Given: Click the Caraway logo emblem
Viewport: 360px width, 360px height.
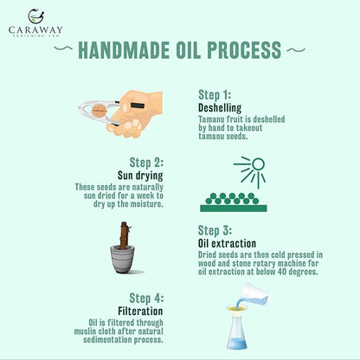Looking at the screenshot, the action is tap(36, 16).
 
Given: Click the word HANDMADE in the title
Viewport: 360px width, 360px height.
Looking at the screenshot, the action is tap(124, 50).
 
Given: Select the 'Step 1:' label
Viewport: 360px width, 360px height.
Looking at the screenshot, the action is tap(215, 95).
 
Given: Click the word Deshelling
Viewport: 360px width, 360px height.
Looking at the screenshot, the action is tap(220, 108).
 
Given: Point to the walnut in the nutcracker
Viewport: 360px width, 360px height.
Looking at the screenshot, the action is tap(100, 111).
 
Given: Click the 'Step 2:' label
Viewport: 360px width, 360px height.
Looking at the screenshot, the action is tap(146, 163).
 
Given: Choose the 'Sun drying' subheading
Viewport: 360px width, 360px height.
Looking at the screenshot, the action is tap(140, 176).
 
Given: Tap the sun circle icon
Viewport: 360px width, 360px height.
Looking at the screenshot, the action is tap(258, 164).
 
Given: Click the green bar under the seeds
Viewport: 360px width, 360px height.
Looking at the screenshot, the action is tap(234, 209).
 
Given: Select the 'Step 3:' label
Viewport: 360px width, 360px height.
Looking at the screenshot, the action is tap(215, 230).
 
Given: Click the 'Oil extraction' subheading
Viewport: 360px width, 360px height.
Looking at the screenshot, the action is tap(227, 243).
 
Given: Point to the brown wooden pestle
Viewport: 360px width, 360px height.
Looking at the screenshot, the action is tap(125, 235).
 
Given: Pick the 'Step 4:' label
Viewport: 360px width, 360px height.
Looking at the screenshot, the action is tap(146, 299).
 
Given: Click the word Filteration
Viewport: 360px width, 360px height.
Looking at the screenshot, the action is tap(140, 312).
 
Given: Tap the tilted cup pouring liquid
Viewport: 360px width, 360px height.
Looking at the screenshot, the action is tap(254, 294).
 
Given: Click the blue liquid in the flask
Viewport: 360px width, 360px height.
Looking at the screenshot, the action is tap(236, 344).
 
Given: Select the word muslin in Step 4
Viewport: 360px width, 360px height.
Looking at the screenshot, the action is tap(85, 331).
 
